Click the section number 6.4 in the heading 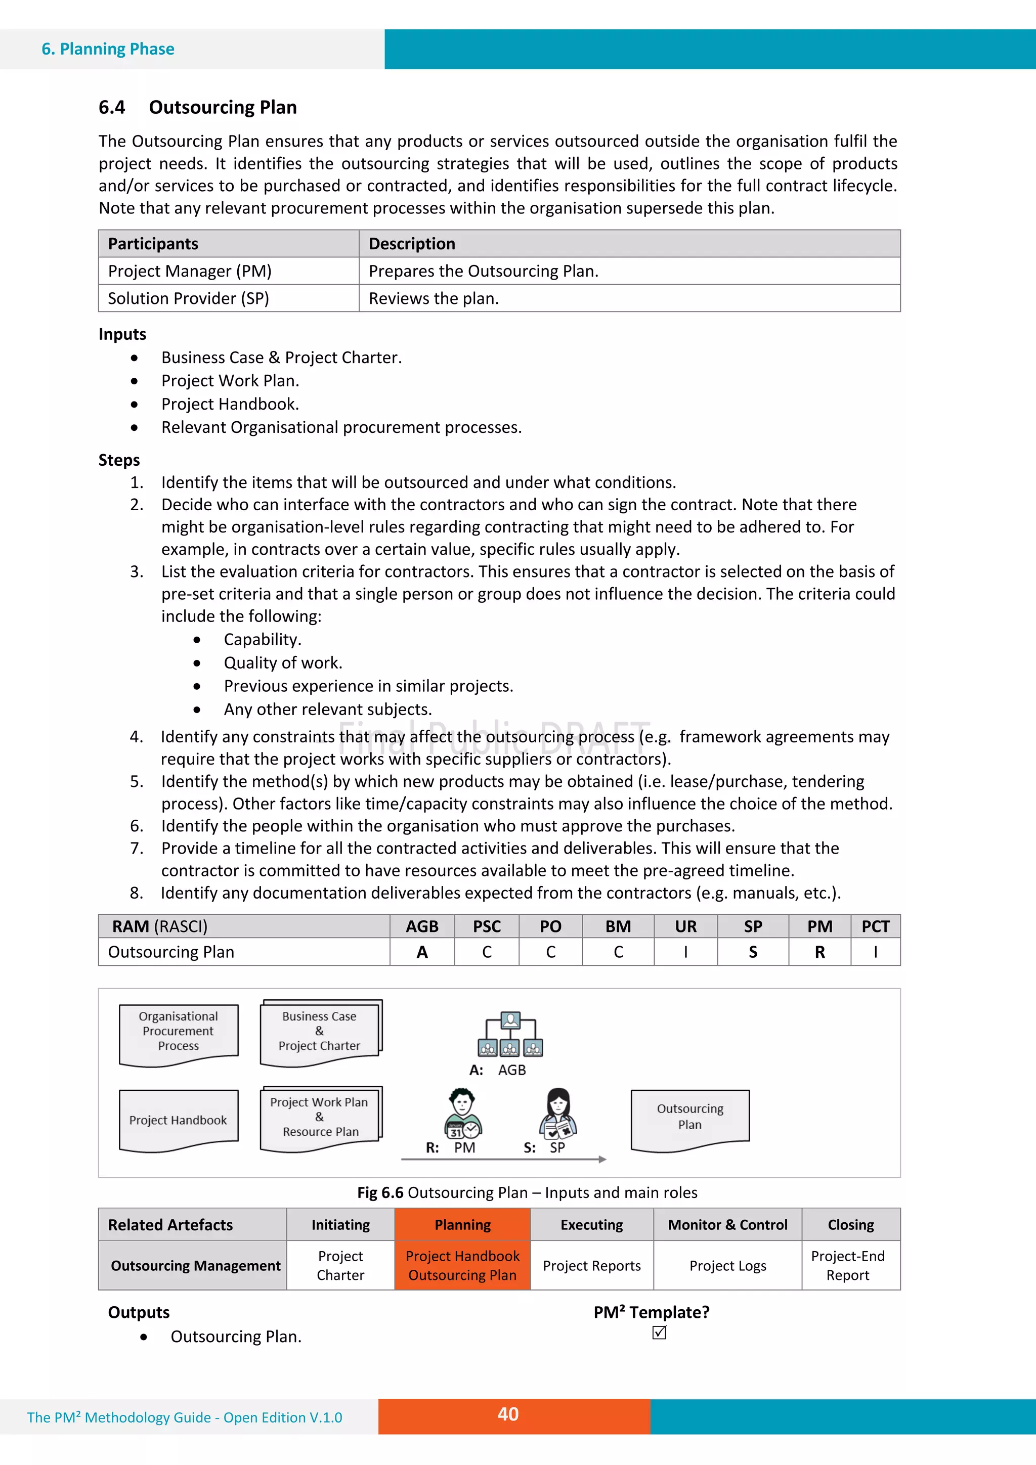coord(112,107)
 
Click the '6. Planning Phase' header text coord(108,49)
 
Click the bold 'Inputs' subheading coord(122,334)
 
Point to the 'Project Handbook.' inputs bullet coord(230,404)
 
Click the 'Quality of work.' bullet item coord(283,663)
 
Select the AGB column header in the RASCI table coord(422,926)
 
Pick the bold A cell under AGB coord(422,952)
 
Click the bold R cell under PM coord(819,952)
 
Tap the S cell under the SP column coord(753,952)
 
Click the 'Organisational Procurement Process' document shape coord(179,1034)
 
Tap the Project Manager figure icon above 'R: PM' coord(463,1114)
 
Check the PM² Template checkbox coord(660,1333)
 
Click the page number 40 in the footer coord(508,1414)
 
